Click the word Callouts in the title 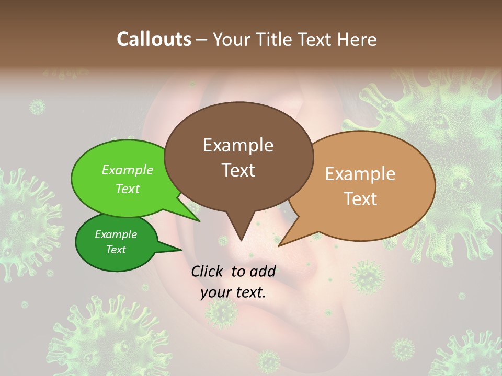(x=154, y=39)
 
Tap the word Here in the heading (x=358, y=39)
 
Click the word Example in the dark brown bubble (x=238, y=145)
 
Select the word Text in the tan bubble (x=360, y=198)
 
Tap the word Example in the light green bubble (x=128, y=170)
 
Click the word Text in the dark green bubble (x=116, y=250)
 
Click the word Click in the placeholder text (x=208, y=271)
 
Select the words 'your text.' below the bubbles (x=233, y=292)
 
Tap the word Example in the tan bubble (x=360, y=174)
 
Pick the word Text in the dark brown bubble (x=238, y=170)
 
